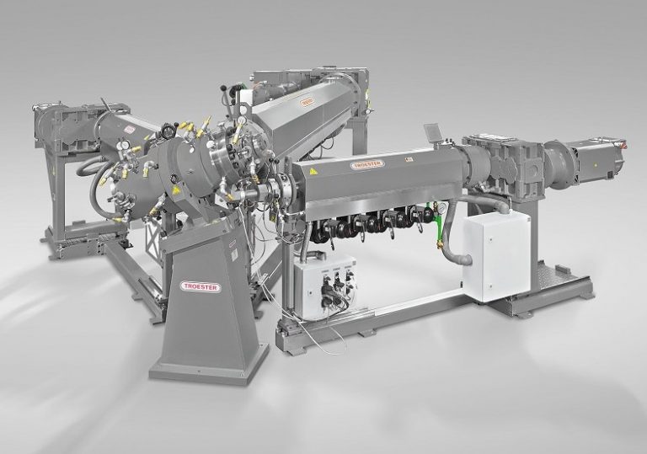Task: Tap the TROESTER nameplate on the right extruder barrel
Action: pos(368,164)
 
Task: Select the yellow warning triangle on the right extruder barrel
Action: pos(314,171)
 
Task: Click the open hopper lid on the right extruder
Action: pos(434,133)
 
